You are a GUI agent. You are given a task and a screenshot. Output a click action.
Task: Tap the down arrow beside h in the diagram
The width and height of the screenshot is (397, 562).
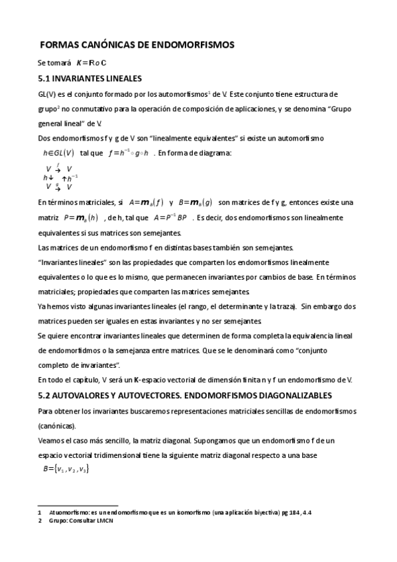51,178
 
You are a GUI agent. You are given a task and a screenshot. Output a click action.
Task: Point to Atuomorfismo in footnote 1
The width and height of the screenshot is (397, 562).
69,513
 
